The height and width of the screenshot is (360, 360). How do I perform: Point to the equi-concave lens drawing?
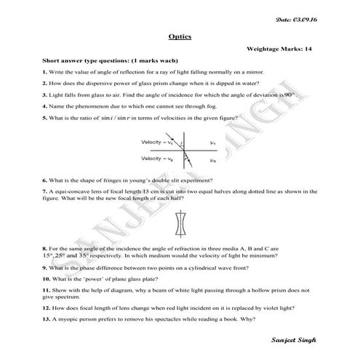(179, 225)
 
